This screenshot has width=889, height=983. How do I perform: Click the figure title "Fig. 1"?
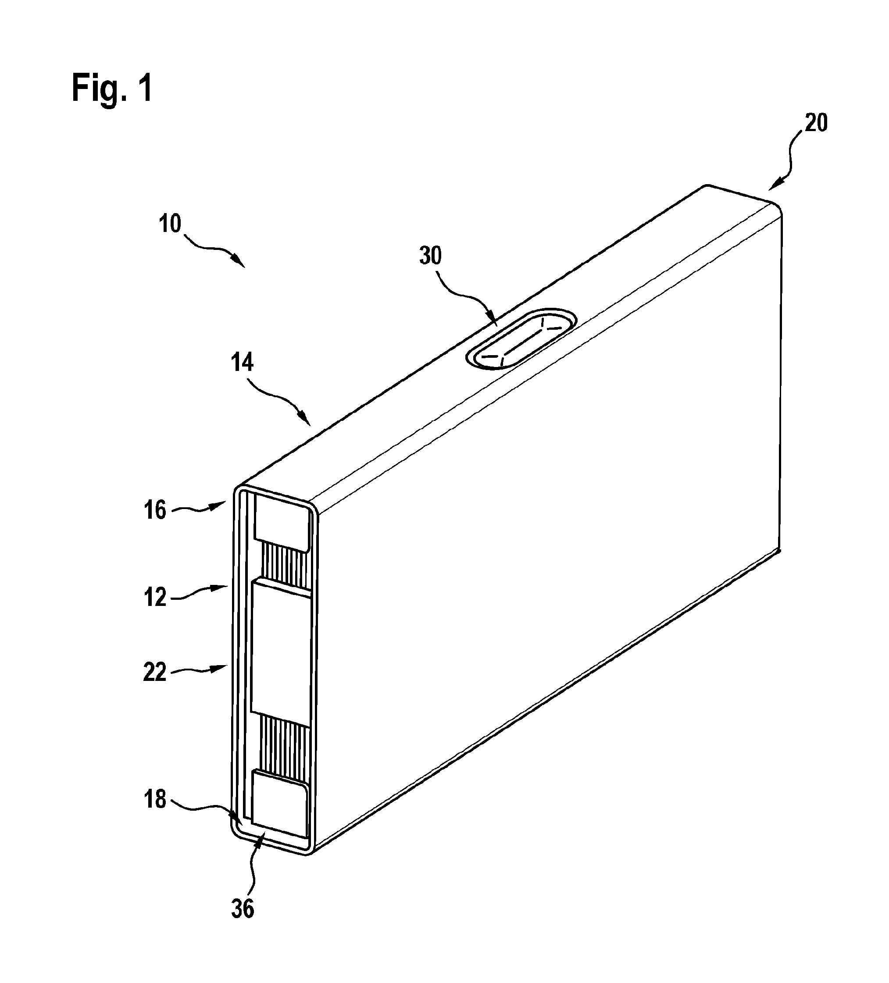(x=112, y=88)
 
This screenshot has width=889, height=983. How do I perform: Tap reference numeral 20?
(x=816, y=123)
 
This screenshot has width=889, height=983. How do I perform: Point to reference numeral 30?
(x=431, y=256)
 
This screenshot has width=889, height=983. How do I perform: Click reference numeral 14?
(x=243, y=363)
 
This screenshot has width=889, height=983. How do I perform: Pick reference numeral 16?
(x=155, y=510)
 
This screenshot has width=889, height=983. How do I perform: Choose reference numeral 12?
(x=155, y=597)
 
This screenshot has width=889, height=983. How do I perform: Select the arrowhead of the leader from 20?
(x=775, y=185)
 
